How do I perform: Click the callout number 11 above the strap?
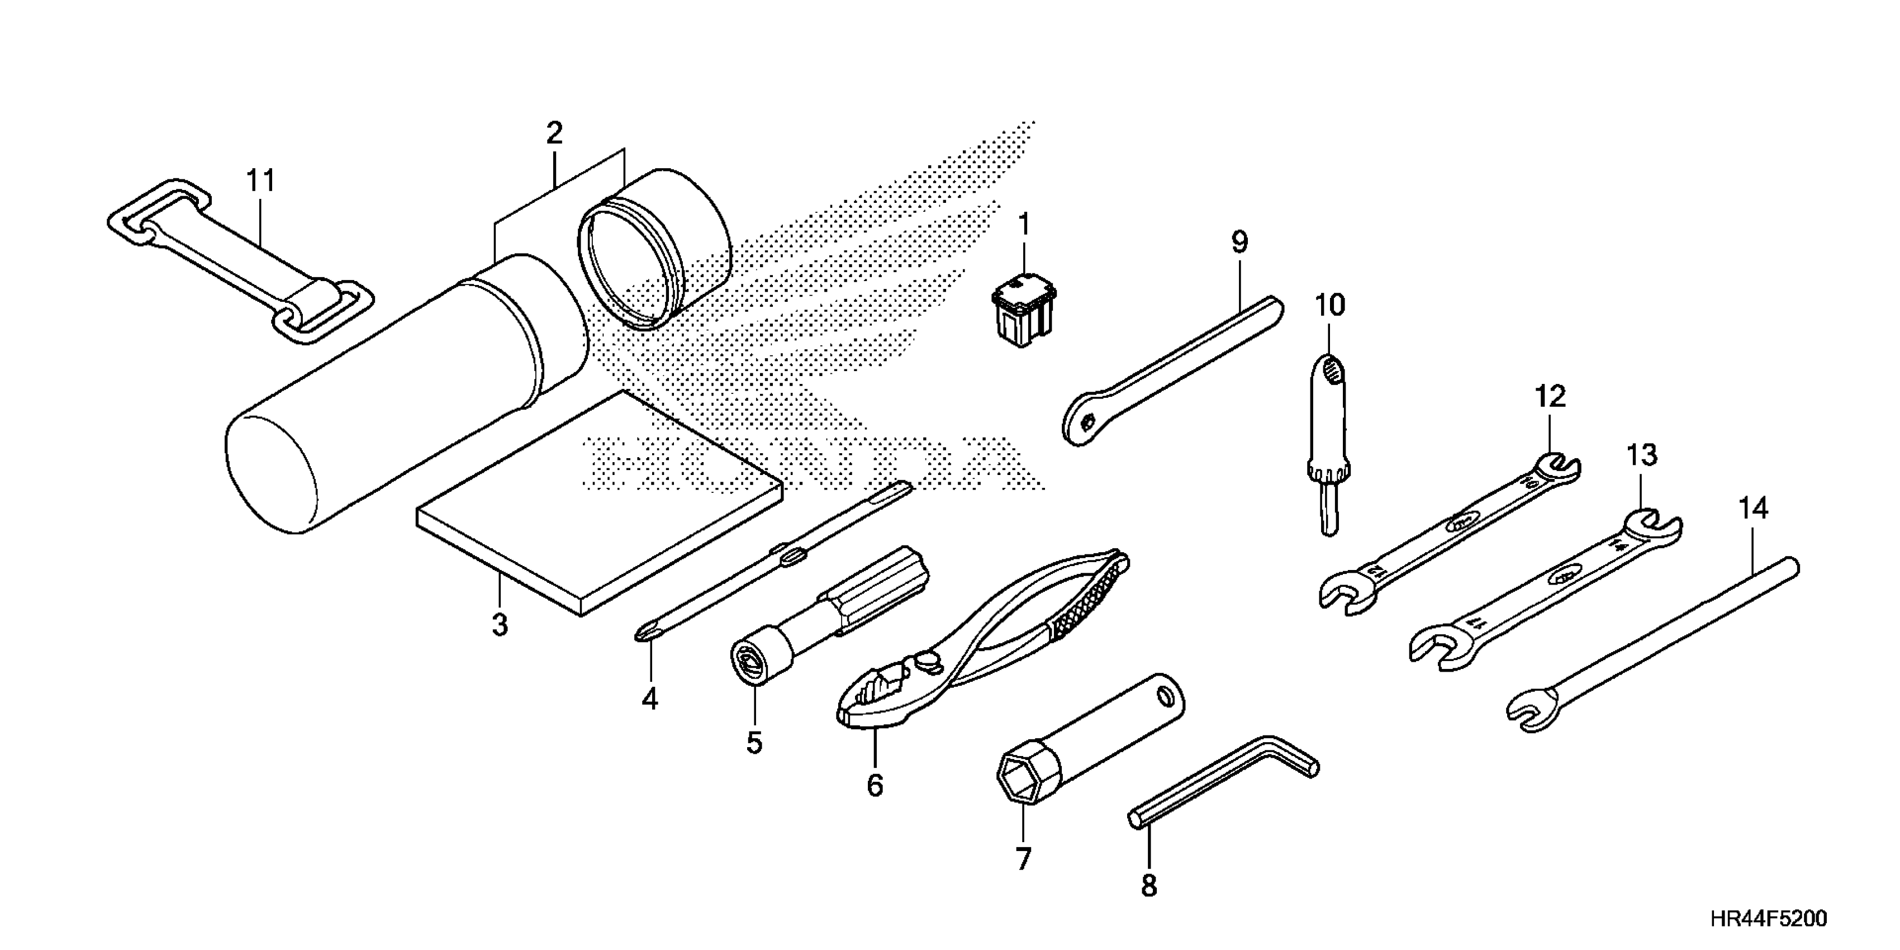[x=260, y=180]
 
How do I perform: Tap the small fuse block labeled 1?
[x=1022, y=313]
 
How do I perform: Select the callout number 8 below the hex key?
[x=1148, y=886]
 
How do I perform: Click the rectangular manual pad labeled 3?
[x=597, y=509]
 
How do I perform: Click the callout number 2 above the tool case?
[x=554, y=133]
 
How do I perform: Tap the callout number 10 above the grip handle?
[x=1330, y=305]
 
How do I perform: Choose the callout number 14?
[x=1753, y=509]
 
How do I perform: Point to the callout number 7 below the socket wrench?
[x=1022, y=859]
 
